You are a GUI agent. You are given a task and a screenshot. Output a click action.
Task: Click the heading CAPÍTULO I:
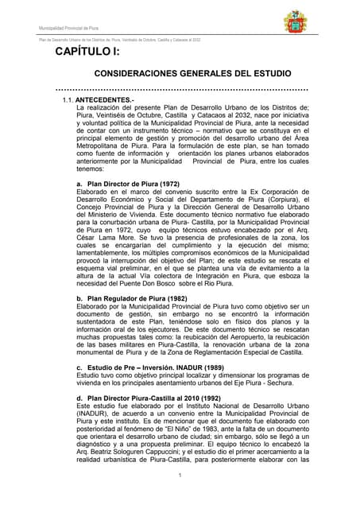click(87, 52)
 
